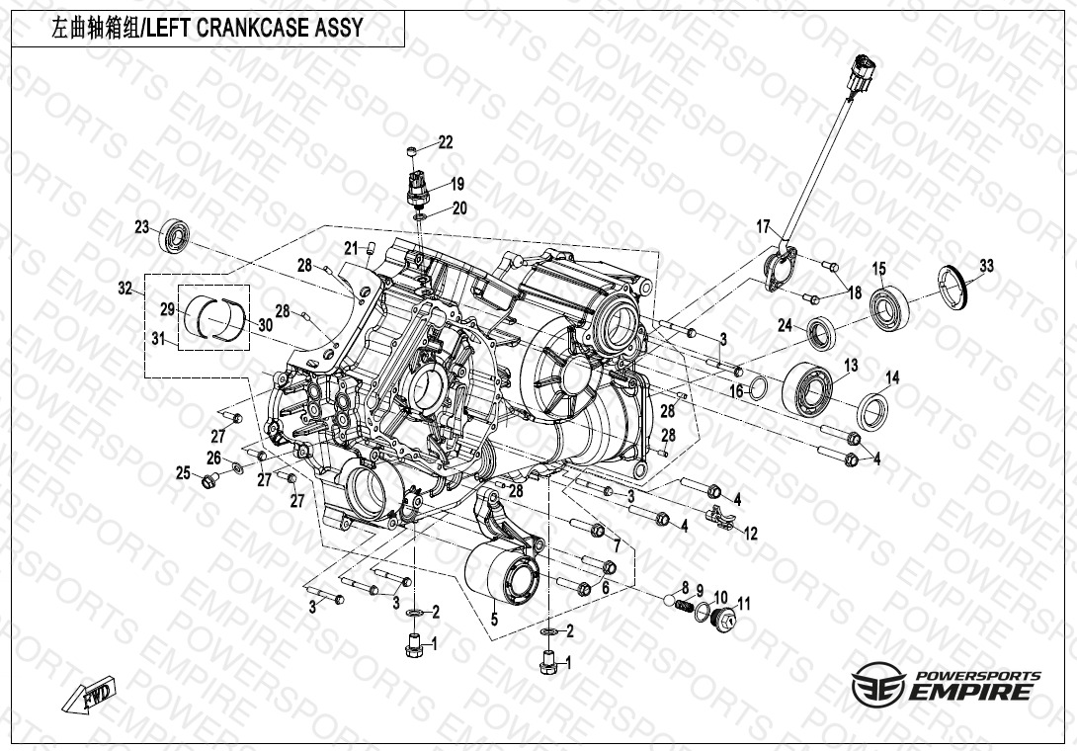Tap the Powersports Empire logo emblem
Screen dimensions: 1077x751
tap(877, 685)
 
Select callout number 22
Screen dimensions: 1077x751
tap(446, 142)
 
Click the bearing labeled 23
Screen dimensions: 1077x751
tap(175, 235)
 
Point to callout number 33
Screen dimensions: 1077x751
tap(986, 265)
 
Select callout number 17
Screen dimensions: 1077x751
tap(763, 226)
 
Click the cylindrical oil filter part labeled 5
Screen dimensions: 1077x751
tap(504, 578)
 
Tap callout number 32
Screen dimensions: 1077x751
tap(124, 288)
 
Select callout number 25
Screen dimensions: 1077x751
tap(183, 472)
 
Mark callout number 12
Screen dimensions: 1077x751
tap(751, 534)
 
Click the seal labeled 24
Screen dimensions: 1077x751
tap(821, 333)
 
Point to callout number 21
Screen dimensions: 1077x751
tap(351, 248)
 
